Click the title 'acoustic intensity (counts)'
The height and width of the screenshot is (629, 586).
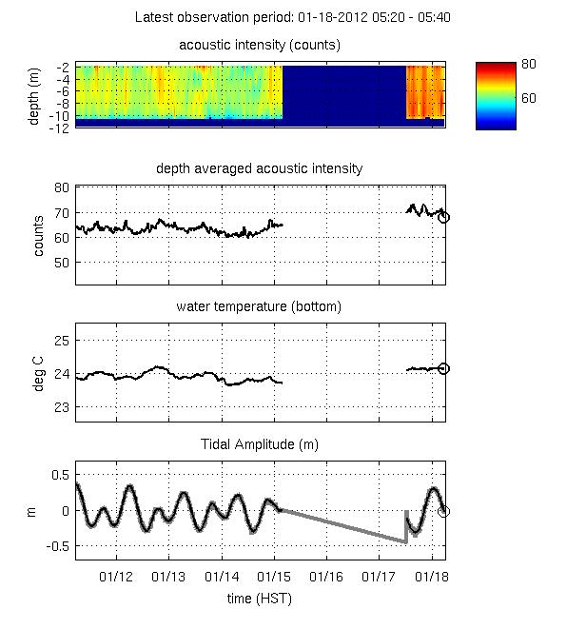tap(260, 45)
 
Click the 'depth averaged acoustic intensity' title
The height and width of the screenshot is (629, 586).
tap(259, 168)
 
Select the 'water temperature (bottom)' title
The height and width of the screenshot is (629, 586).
tap(259, 306)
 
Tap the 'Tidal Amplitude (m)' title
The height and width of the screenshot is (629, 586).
tap(259, 444)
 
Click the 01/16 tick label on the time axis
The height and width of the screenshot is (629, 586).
tap(326, 578)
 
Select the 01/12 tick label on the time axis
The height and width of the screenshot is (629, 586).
tap(116, 578)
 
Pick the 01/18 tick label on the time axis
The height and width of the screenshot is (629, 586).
tap(432, 578)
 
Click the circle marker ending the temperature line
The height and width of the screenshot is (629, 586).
tap(443, 368)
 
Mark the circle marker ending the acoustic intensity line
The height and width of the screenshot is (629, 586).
tap(443, 217)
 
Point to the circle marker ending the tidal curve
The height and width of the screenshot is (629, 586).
tap(443, 511)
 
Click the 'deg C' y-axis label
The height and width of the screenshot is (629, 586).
tap(39, 373)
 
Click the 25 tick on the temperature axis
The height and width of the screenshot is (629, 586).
tap(61, 340)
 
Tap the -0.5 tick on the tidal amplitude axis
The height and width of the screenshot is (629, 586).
tap(56, 546)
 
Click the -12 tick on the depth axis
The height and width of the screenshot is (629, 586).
tap(59, 128)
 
